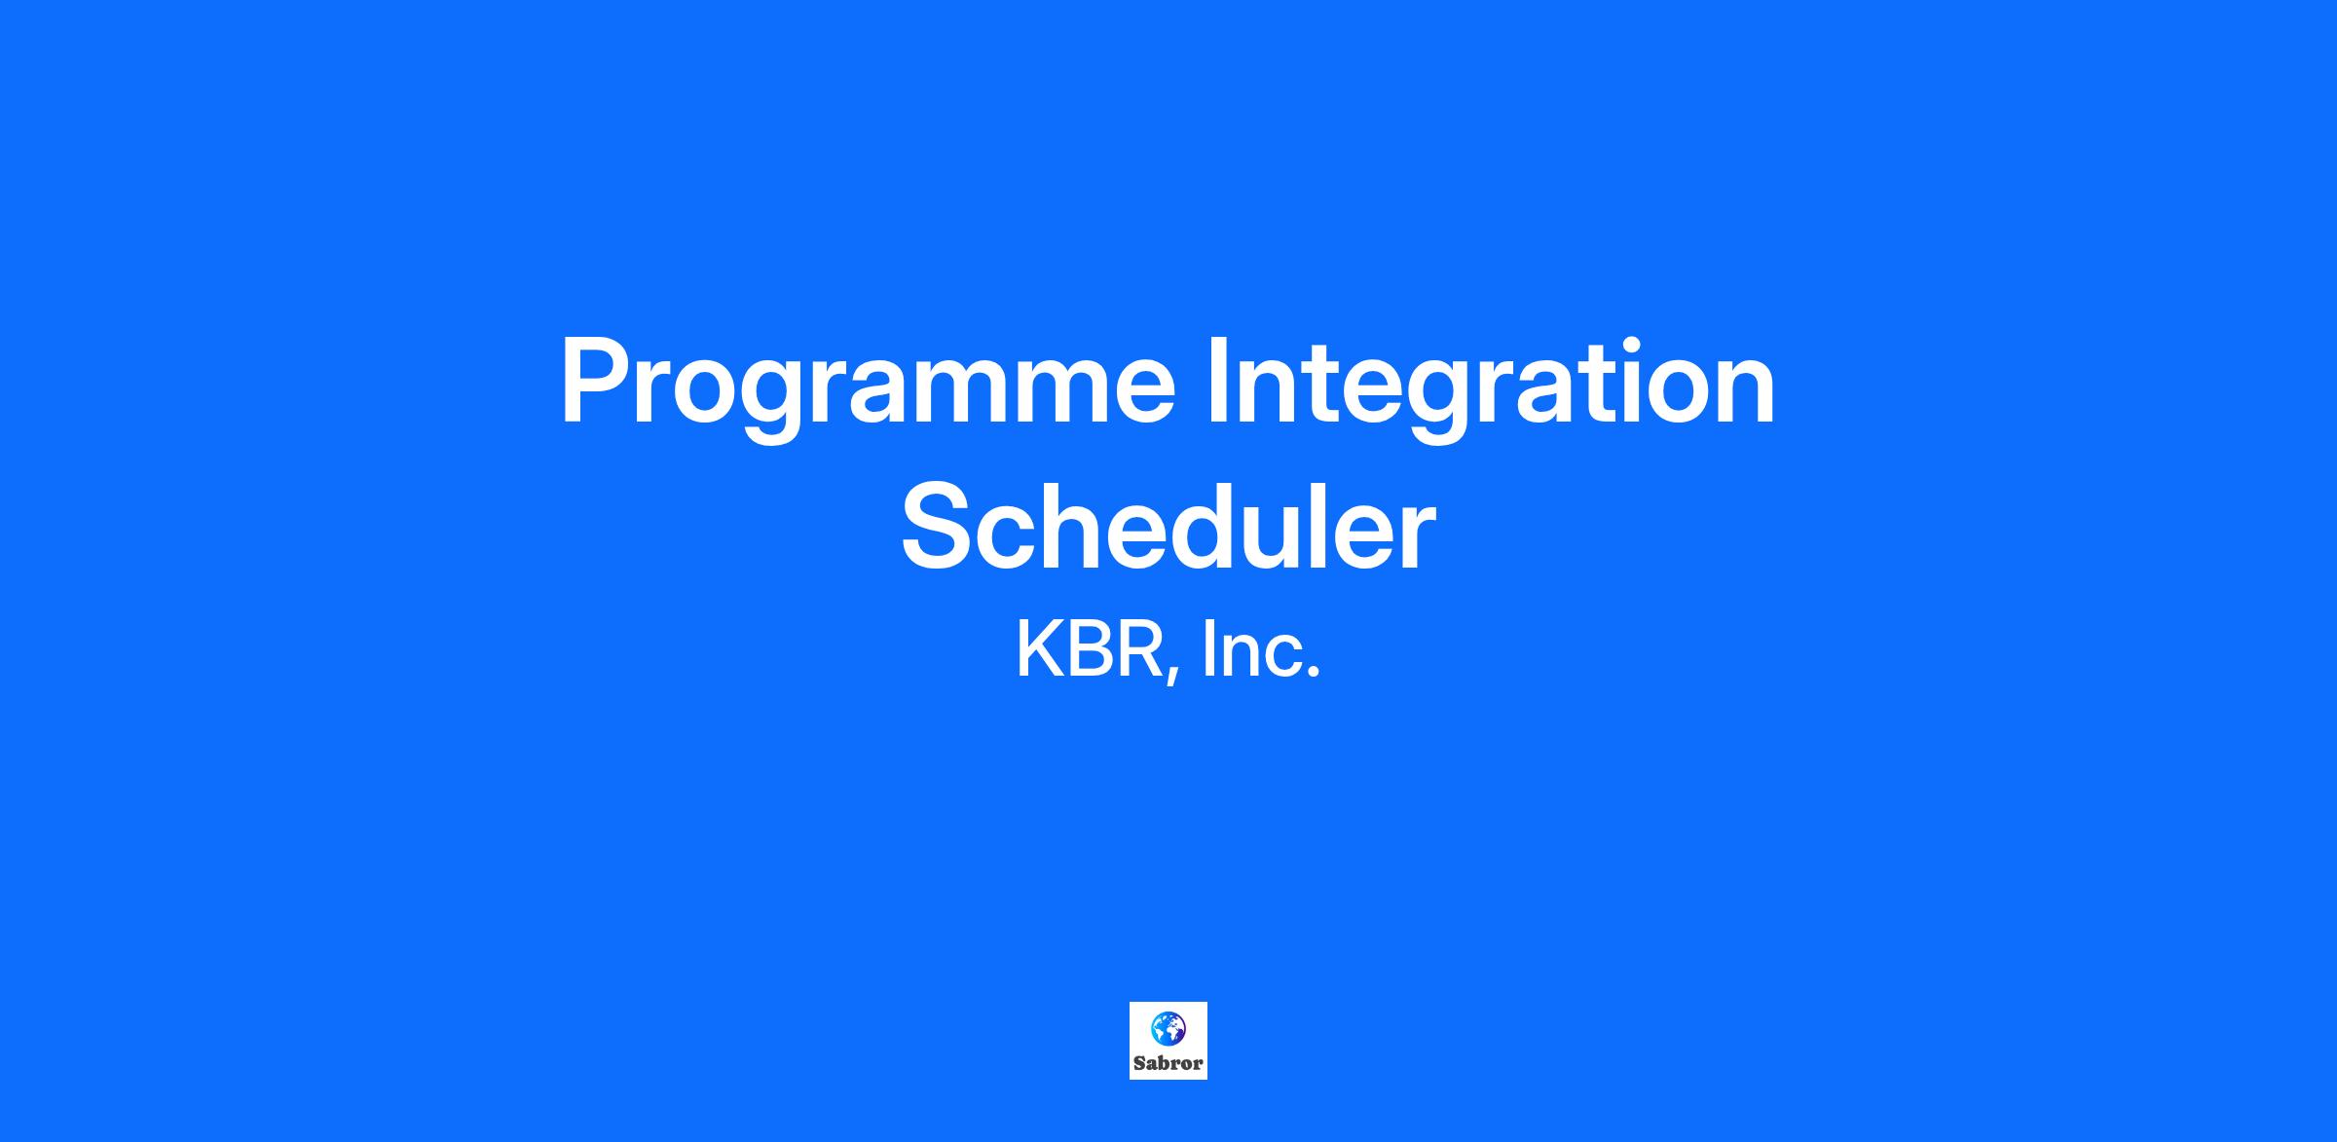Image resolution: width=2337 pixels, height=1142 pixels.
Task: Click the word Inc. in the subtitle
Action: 1262,650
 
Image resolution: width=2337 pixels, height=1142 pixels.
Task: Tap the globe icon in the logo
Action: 1168,1028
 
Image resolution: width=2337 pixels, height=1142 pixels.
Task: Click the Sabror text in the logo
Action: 1168,1063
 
